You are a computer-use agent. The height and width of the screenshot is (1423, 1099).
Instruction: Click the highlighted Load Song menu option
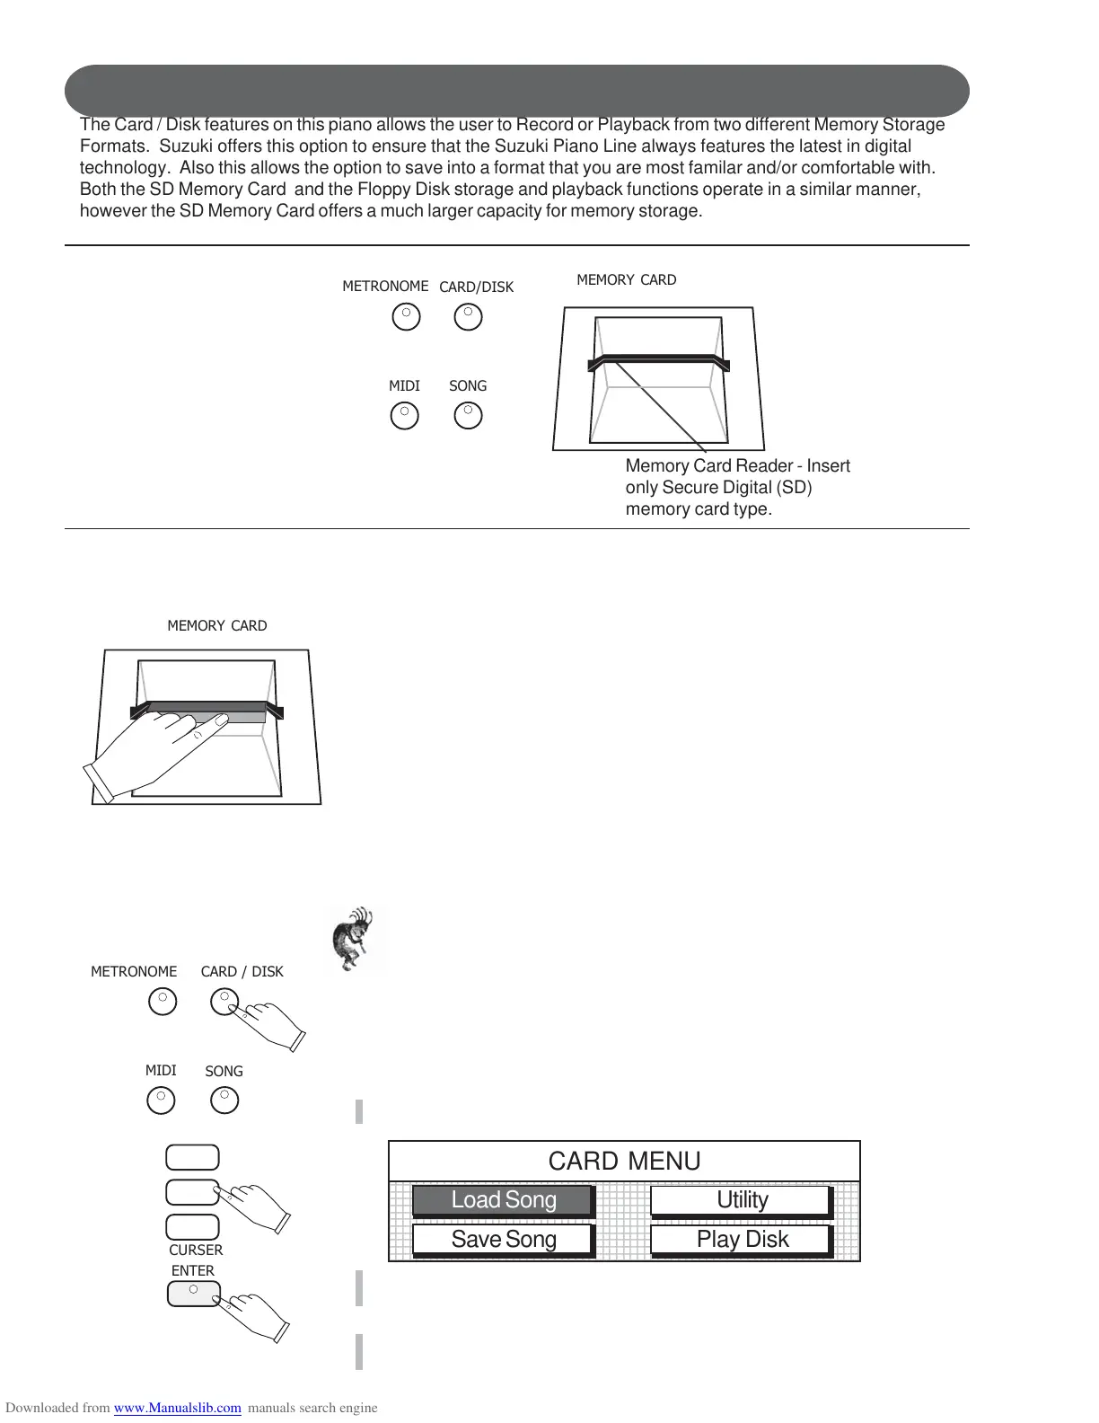point(503,1200)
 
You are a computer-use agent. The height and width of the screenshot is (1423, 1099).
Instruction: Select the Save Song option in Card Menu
point(503,1240)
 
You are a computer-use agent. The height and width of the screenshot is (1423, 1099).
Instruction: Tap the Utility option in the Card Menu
point(742,1200)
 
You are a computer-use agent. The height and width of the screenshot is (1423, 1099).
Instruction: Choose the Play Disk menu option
point(742,1240)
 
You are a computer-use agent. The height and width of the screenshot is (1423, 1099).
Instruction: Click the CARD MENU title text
point(624,1161)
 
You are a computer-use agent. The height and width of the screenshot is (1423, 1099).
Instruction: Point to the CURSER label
point(196,1250)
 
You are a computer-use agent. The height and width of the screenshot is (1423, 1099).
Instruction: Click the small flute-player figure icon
point(356,939)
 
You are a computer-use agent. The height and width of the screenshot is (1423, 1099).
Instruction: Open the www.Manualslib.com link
point(177,1408)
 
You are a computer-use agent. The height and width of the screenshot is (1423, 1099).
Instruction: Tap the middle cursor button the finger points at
point(192,1192)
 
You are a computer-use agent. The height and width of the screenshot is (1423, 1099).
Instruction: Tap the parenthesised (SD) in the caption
point(794,488)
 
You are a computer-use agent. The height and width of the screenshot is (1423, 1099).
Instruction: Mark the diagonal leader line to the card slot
point(660,404)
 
